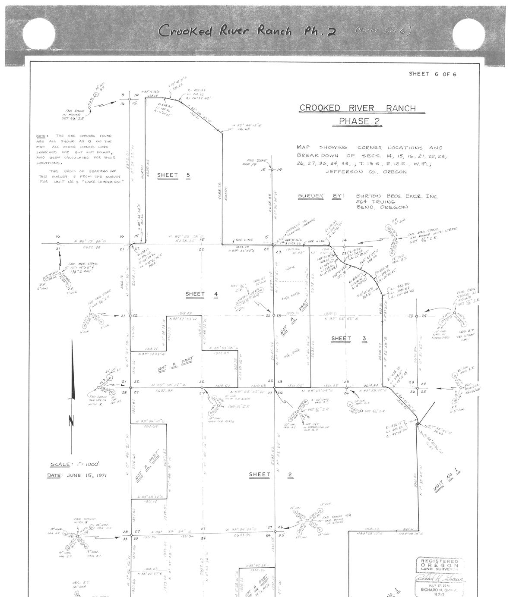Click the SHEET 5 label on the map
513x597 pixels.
tap(173, 175)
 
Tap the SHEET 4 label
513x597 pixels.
tap(202, 295)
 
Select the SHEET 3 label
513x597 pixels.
tap(349, 339)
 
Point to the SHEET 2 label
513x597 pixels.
tap(271, 474)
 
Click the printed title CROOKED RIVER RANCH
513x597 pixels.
tap(358, 108)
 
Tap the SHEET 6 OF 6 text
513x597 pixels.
tap(432, 74)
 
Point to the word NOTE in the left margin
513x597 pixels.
tap(42, 136)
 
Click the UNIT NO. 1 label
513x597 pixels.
tap(447, 480)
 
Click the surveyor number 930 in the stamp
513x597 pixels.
tap(439, 594)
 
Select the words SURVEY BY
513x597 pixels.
tap(320, 196)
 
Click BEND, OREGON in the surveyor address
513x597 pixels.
tap(381, 207)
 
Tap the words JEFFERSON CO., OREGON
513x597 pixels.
tap(366, 172)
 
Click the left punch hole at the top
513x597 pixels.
tap(39, 33)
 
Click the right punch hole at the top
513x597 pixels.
tap(469, 33)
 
